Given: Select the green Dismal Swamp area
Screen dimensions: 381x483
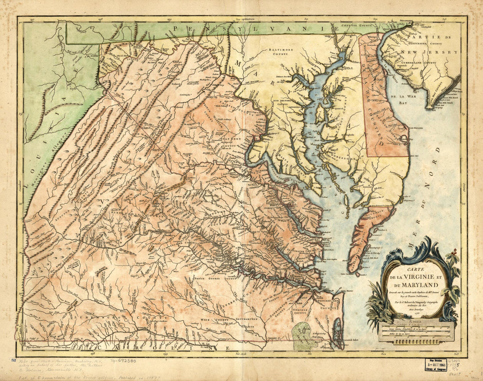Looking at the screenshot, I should click(303, 335).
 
